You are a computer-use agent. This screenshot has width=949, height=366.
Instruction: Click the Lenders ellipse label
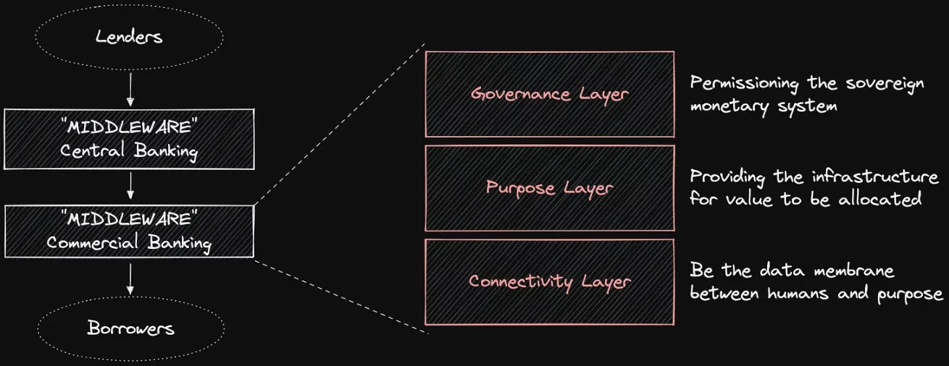click(129, 37)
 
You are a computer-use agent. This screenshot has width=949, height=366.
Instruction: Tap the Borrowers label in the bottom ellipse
click(131, 328)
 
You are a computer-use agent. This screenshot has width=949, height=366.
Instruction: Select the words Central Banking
click(129, 151)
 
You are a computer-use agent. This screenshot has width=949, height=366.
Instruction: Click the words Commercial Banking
click(129, 243)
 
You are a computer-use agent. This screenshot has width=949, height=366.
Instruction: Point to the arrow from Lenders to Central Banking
click(130, 89)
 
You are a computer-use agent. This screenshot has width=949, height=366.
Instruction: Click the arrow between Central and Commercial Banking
click(130, 185)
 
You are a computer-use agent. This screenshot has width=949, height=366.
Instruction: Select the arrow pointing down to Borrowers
click(130, 278)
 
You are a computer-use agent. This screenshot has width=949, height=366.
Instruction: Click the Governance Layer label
click(550, 95)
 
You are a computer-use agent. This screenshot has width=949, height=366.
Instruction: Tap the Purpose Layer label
click(550, 188)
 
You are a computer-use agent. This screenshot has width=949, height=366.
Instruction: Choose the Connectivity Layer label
click(550, 282)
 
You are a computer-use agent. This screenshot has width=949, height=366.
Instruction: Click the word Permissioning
click(745, 83)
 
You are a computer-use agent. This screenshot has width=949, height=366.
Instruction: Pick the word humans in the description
click(798, 293)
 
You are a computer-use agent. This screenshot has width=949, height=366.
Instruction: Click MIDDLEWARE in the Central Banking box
click(129, 127)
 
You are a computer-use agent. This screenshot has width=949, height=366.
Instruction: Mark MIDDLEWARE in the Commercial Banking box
click(129, 218)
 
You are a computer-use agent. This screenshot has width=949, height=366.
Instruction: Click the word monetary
click(729, 106)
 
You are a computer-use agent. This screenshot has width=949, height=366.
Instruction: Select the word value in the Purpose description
click(749, 198)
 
